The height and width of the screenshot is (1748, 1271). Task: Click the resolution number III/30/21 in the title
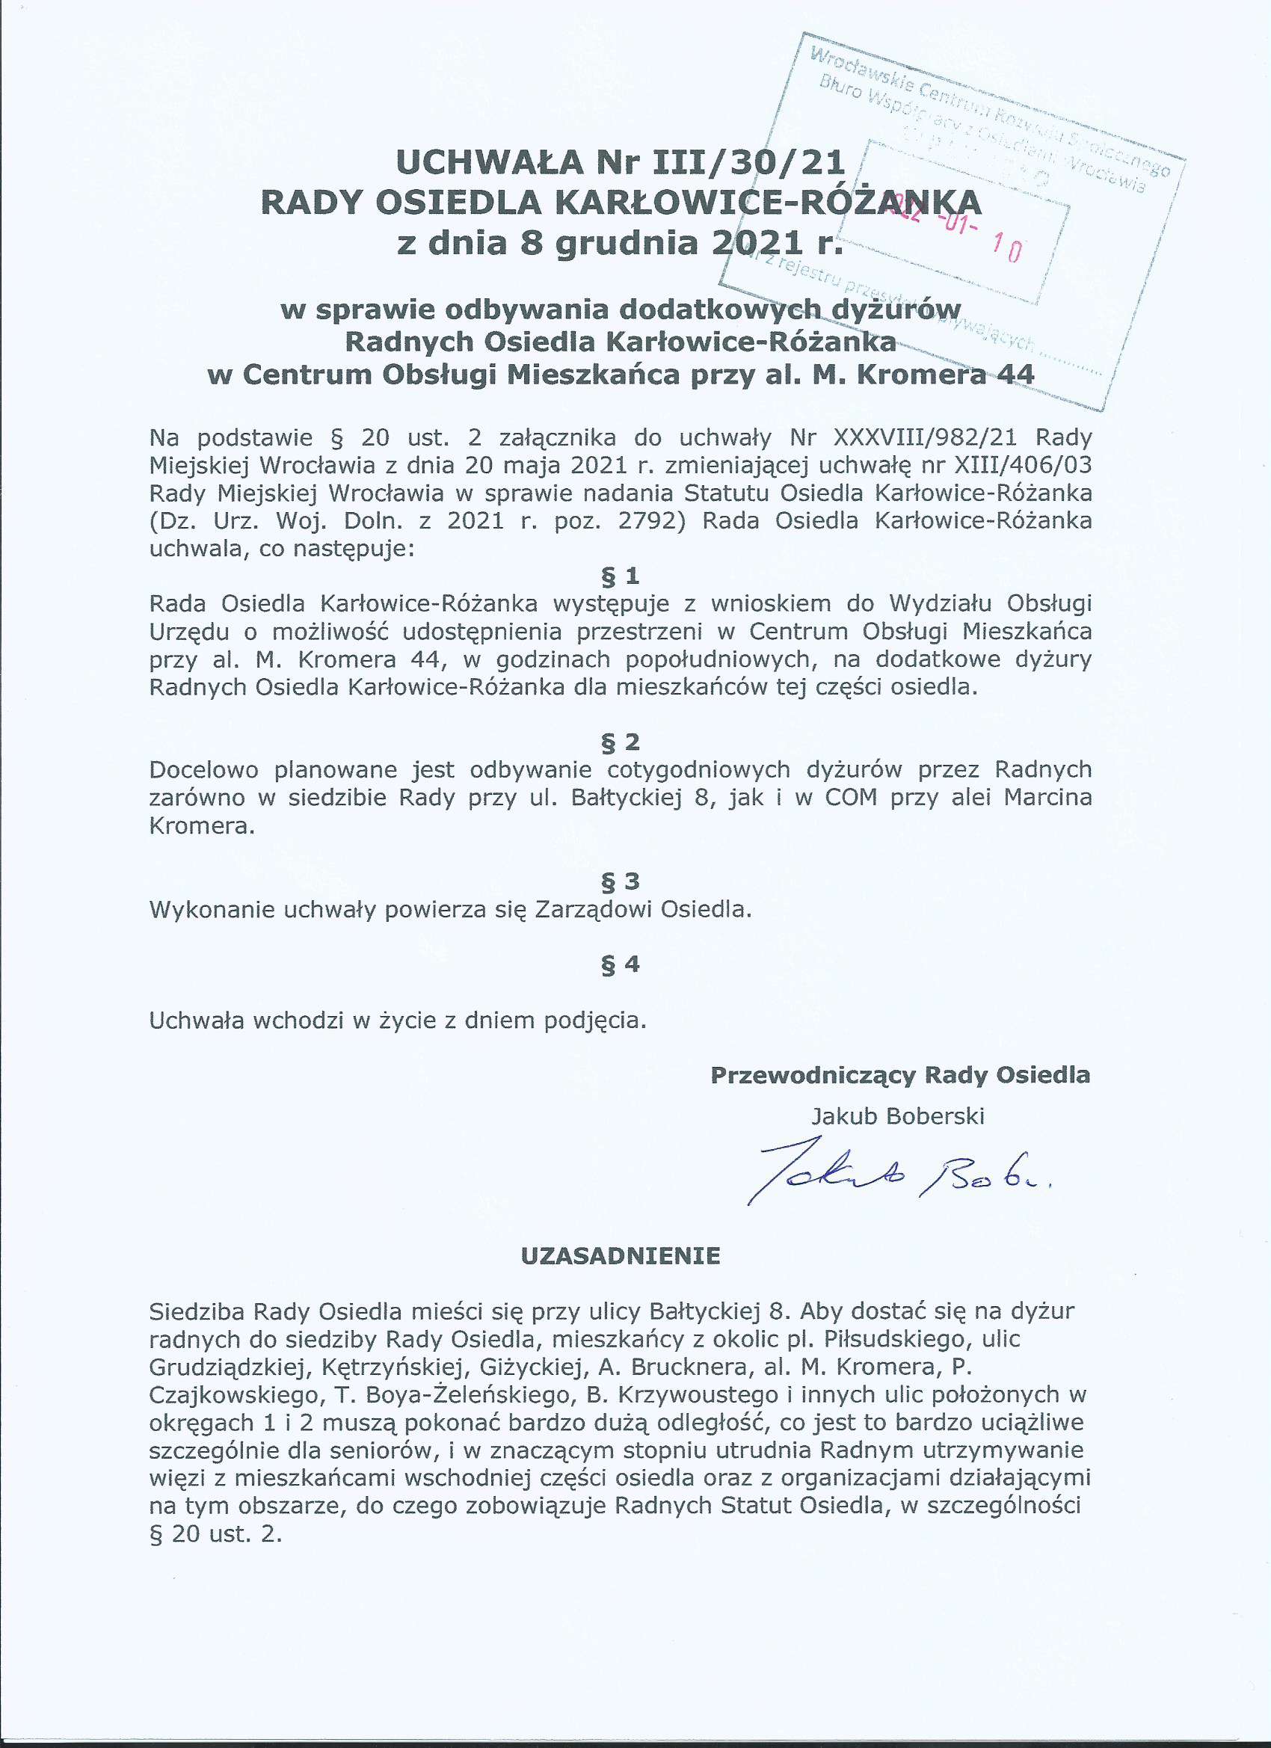[748, 163]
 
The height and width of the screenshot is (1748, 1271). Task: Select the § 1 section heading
[621, 576]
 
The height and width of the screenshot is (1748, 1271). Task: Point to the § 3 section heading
[621, 881]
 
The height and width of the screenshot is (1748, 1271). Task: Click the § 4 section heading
[621, 964]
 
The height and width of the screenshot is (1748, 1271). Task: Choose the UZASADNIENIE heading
[621, 1256]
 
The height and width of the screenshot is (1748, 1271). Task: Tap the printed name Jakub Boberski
[898, 1116]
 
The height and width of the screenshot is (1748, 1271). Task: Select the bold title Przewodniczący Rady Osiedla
[899, 1075]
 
